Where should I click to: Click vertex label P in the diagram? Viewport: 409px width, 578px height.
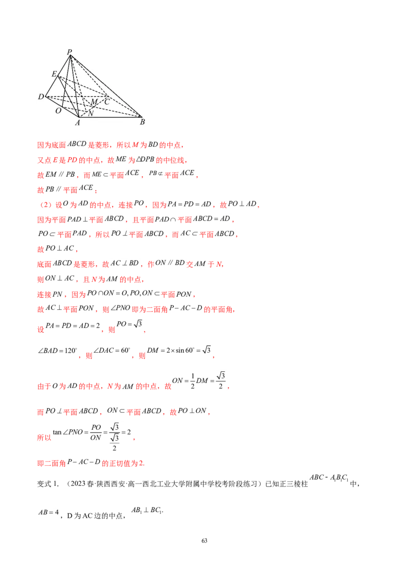click(x=70, y=52)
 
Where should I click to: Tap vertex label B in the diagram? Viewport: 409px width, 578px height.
click(x=143, y=122)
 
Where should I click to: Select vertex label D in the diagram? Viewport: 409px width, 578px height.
click(x=40, y=97)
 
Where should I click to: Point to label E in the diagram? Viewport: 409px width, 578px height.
click(x=54, y=74)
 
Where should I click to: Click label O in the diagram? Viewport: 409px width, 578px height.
click(x=58, y=111)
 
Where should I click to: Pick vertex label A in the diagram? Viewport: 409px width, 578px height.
click(x=78, y=123)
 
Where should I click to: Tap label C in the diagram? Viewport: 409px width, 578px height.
click(x=107, y=102)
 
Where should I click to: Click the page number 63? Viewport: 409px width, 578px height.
click(x=204, y=541)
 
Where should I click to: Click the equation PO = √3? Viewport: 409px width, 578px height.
click(x=129, y=324)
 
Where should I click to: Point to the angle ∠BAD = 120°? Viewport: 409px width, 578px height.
click(x=58, y=351)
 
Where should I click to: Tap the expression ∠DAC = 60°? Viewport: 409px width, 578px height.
click(x=112, y=350)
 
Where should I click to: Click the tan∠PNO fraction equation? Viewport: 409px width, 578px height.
click(x=92, y=437)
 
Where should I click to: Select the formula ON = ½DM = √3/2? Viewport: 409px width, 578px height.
click(x=199, y=380)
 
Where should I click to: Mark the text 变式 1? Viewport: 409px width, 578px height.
click(x=48, y=484)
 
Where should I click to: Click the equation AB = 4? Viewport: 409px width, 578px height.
click(x=49, y=512)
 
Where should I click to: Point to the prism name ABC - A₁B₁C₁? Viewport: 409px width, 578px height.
click(x=329, y=478)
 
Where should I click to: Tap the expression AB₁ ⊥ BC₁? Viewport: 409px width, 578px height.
click(x=147, y=510)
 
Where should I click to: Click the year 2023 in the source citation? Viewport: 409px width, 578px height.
click(x=78, y=484)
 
